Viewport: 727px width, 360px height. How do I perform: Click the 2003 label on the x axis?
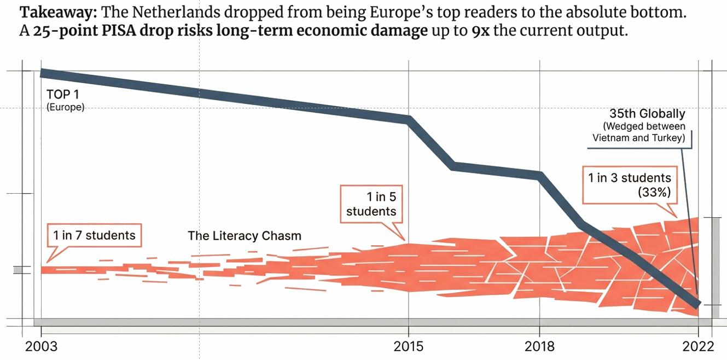point(41,346)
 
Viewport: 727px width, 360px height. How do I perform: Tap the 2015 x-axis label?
point(408,346)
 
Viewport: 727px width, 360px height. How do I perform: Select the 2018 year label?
point(539,346)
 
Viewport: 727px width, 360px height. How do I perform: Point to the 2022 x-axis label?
point(698,346)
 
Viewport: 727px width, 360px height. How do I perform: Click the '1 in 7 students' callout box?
point(94,235)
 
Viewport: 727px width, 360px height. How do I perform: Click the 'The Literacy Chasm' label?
point(245,236)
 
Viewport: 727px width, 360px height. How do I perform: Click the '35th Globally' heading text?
point(647,114)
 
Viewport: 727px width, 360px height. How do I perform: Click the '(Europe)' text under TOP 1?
point(66,108)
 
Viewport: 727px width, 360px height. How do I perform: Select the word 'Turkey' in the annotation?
point(667,138)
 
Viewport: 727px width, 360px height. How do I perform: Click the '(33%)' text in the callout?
point(654,192)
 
